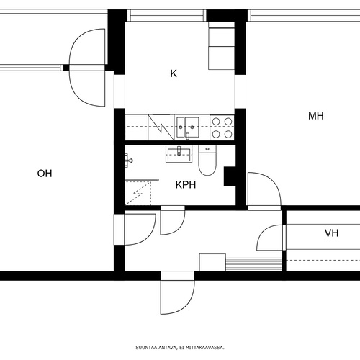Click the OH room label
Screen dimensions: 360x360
coord(45,174)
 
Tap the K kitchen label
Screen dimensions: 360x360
coord(174,73)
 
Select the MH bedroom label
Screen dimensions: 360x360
coord(316,116)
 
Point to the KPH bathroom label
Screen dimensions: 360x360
coord(186,185)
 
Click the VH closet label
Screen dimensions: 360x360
coord(332,233)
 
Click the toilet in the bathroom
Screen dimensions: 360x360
coord(207,160)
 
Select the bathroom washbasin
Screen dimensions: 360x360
coord(179,154)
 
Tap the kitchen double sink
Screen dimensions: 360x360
coord(188,127)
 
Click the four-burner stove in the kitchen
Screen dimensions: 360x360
coord(222,127)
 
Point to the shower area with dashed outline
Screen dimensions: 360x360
coord(138,194)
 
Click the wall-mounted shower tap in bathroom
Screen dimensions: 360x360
coord(128,161)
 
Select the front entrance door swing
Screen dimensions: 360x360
coord(178,293)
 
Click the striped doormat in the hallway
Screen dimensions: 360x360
coord(254,264)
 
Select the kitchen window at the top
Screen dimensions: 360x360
coord(167,16)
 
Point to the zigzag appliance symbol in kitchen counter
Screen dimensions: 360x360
coord(161,127)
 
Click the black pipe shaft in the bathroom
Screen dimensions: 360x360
coord(230,176)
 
